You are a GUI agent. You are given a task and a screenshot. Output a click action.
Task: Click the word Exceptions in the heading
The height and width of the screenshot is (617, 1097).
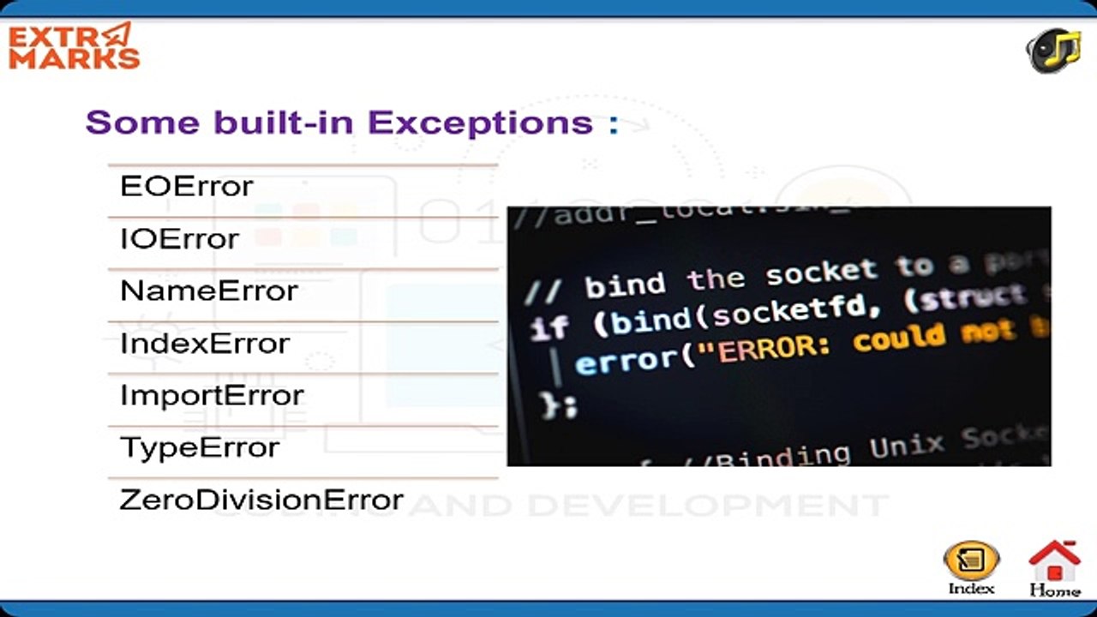481,123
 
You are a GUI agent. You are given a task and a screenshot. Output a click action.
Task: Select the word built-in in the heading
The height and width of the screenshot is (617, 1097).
284,123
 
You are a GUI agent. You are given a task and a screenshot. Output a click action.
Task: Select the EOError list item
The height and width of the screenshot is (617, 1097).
187,186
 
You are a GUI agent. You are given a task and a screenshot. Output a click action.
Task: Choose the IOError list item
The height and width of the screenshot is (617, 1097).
179,238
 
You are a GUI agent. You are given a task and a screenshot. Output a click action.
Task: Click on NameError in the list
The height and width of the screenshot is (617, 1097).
209,291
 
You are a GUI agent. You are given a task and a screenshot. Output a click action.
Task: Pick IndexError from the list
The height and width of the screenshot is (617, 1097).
205,343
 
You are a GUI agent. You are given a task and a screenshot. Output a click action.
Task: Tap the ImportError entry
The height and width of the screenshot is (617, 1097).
212,395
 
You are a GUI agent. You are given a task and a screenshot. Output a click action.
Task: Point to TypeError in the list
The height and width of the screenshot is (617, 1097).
200,447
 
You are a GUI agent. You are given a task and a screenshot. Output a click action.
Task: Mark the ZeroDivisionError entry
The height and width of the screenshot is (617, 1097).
261,500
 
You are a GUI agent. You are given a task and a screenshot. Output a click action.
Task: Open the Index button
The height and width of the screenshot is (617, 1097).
971,566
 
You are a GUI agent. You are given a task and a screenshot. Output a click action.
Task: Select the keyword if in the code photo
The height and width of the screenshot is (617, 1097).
548,327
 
